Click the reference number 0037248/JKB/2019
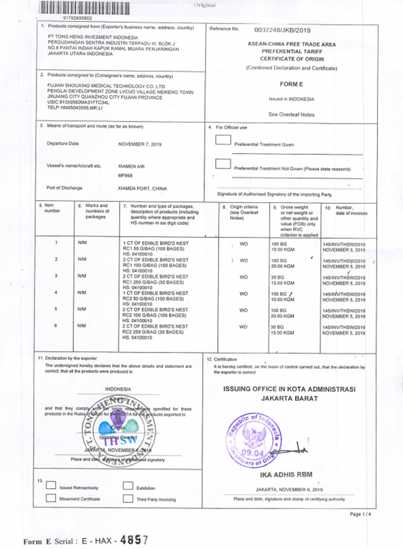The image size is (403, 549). (282, 29)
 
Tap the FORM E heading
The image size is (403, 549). (291, 84)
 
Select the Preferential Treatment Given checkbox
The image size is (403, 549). (223, 139)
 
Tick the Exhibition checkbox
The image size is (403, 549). (128, 486)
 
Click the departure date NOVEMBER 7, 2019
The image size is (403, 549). (139, 143)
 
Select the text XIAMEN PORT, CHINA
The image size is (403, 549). (142, 188)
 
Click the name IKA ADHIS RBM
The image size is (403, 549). (285, 476)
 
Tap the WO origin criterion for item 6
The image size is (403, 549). (244, 326)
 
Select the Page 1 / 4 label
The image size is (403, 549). (360, 514)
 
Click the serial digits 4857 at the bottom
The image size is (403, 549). (134, 539)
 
